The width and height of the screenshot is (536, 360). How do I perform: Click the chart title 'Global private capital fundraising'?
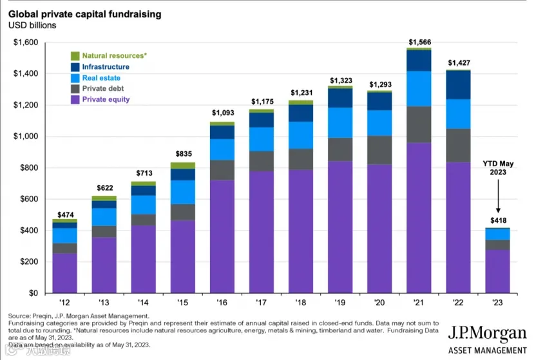coord(85,14)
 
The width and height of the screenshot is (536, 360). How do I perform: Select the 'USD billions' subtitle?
coord(32,25)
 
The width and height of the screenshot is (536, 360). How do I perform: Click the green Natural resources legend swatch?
coord(75,55)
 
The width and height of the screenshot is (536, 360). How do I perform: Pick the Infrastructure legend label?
coord(106,66)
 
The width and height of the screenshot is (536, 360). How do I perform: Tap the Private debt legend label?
coord(103,88)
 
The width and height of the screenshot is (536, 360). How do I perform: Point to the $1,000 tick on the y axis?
coord(26,137)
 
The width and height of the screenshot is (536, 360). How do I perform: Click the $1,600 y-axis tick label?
coord(26,43)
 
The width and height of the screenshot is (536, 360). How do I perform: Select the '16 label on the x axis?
coord(222,303)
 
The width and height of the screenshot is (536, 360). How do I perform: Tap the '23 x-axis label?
coord(497,303)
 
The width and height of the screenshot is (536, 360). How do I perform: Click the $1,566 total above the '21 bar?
coord(420,42)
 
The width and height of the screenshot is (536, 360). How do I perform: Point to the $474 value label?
coord(65,215)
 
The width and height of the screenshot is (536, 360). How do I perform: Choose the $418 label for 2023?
coord(499,220)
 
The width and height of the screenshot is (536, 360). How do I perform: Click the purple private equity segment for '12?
coord(64,273)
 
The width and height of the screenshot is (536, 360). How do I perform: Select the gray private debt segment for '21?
coord(419,124)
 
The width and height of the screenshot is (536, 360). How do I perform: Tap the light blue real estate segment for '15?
coord(183,193)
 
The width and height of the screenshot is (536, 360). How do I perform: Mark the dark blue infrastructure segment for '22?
coord(458,85)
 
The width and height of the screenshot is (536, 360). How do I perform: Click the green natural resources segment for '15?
coord(183,166)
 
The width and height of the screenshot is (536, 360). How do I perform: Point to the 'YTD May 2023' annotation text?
coord(498,167)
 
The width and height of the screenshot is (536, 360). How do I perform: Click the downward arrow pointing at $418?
coord(498,196)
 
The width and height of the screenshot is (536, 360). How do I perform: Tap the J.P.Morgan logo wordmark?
coord(487,333)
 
